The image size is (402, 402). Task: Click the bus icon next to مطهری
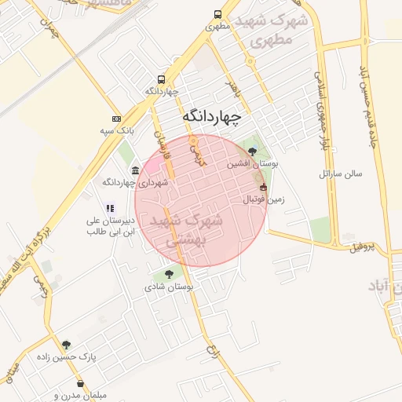click(x=218, y=15)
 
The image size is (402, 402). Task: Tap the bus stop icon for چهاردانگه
click(x=161, y=80)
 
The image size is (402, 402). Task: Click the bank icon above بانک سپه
click(x=116, y=118)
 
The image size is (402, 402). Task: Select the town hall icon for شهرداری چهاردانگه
click(x=136, y=171)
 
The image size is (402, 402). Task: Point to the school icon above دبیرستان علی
click(x=110, y=208)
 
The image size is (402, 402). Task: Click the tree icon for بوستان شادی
click(x=168, y=273)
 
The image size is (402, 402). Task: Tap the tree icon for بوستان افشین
click(x=251, y=152)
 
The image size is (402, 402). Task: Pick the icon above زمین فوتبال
click(x=262, y=188)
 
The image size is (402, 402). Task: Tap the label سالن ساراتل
click(x=340, y=173)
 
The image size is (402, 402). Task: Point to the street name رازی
click(x=210, y=348)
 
